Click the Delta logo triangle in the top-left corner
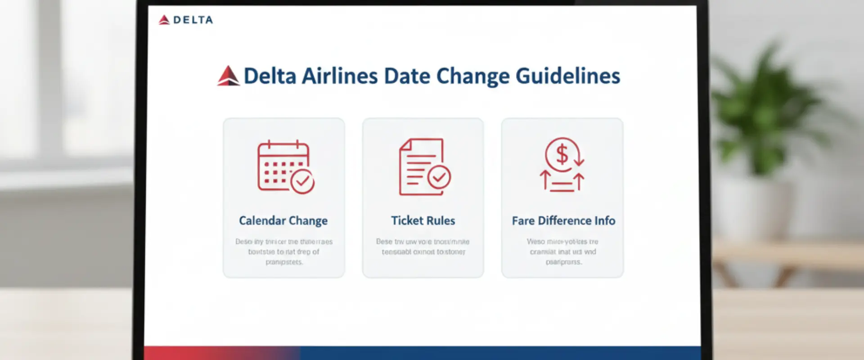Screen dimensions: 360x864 point(164,20)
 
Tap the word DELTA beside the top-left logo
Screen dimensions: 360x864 point(193,20)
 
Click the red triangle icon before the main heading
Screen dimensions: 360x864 point(228,76)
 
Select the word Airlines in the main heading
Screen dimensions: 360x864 point(339,76)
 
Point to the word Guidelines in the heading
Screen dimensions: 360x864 point(567,76)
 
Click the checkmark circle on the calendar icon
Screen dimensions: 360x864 point(302,181)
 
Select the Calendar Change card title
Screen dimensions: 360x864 point(283,220)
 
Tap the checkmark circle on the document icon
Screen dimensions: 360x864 point(439,177)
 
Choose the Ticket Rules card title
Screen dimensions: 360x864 point(423,220)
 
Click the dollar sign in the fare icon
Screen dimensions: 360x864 point(562,155)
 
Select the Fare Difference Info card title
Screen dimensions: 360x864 point(563,220)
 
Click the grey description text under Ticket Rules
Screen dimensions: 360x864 point(423,247)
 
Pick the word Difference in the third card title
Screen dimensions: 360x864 point(564,220)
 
